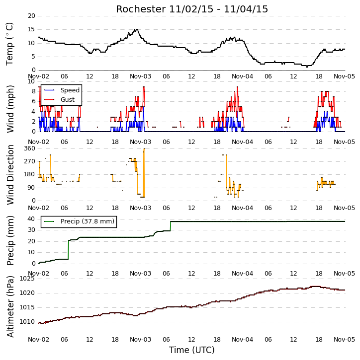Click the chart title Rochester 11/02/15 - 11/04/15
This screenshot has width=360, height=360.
pyautogui.click(x=192, y=9)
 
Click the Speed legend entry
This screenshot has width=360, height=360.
pyautogui.click(x=62, y=90)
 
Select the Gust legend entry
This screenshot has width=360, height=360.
pyautogui.click(x=60, y=100)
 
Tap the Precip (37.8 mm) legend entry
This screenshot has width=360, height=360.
pyautogui.click(x=79, y=221)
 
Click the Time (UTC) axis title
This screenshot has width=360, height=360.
pyautogui.click(x=192, y=350)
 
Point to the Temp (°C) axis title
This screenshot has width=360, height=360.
pyautogui.click(x=9, y=44)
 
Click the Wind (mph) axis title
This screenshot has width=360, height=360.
pyautogui.click(x=10, y=109)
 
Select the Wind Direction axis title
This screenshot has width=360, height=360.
pyautogui.click(x=10, y=174)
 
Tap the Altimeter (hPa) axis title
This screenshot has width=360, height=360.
pyautogui.click(x=10, y=306)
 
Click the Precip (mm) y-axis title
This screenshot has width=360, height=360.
pyautogui.click(x=10, y=240)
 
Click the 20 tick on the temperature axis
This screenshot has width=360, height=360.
pyautogui.click(x=31, y=16)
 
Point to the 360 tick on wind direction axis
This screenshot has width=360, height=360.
pyautogui.click(x=30, y=148)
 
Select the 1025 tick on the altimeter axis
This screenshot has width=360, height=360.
pyautogui.click(x=27, y=279)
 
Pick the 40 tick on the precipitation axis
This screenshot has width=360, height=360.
pyautogui.click(x=31, y=219)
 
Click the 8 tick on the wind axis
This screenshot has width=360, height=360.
pyautogui.click(x=34, y=91)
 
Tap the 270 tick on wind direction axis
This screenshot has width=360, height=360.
pyautogui.click(x=30, y=161)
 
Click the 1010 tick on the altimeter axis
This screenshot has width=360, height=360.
pyautogui.click(x=27, y=322)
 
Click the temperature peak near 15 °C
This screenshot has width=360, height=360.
pyautogui.click(x=137, y=29)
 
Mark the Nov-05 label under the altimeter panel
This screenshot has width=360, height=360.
pyautogui.click(x=345, y=339)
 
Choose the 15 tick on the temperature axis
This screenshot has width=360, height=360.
pyautogui.click(x=31, y=29)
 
